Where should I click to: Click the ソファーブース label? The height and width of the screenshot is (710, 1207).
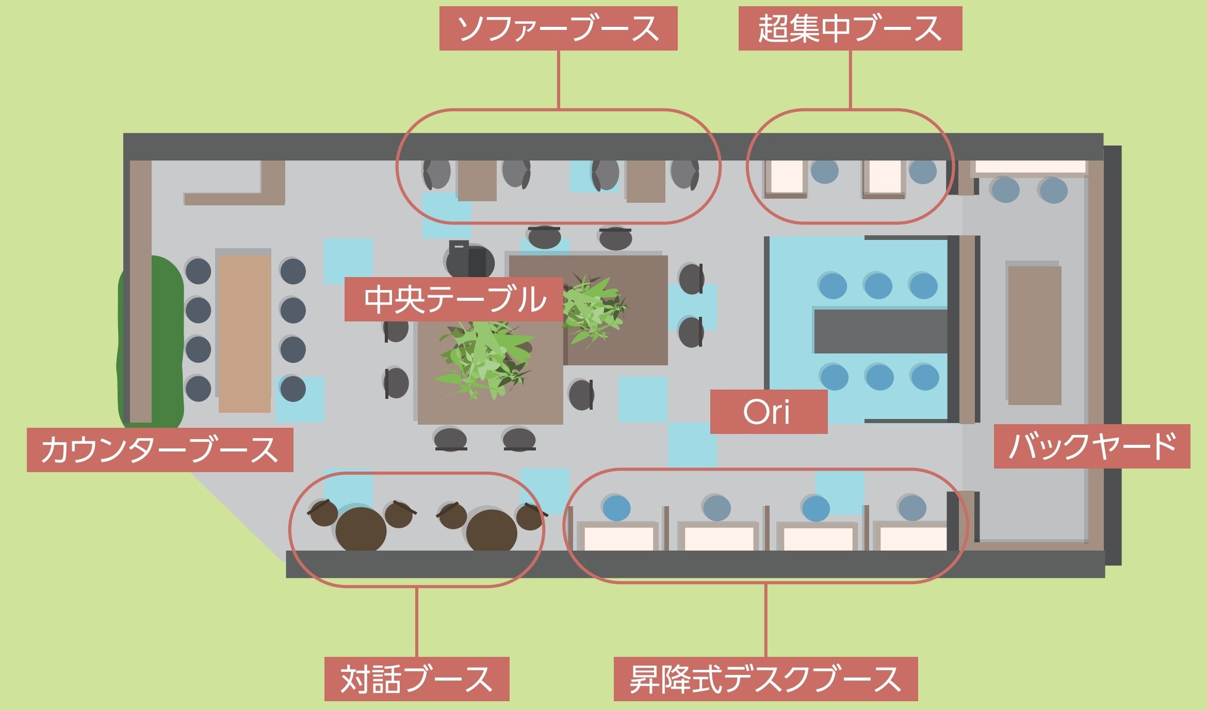[558, 28]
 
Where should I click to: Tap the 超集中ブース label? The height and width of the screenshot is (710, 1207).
[850, 28]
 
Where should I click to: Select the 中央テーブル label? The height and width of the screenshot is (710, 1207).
[453, 299]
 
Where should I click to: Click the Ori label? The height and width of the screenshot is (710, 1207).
[768, 412]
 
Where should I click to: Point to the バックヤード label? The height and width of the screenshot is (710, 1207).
[1091, 446]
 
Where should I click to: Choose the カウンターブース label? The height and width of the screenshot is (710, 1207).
[160, 449]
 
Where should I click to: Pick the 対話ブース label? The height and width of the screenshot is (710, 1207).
[417, 679]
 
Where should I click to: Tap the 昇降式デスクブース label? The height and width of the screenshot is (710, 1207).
[765, 679]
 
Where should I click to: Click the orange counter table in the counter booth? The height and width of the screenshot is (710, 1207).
[244, 333]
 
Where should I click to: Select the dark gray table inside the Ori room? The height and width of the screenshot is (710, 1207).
[880, 331]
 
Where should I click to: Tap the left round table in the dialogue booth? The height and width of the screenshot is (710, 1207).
[361, 529]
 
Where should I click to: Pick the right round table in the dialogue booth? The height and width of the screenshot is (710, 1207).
[491, 530]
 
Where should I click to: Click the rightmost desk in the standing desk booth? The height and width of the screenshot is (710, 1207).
[913, 538]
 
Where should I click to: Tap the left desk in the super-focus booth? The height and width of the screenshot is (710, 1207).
[786, 178]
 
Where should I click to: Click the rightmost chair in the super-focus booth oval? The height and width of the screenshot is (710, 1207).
[922, 172]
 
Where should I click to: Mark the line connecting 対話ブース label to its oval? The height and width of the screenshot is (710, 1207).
[417, 621]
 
